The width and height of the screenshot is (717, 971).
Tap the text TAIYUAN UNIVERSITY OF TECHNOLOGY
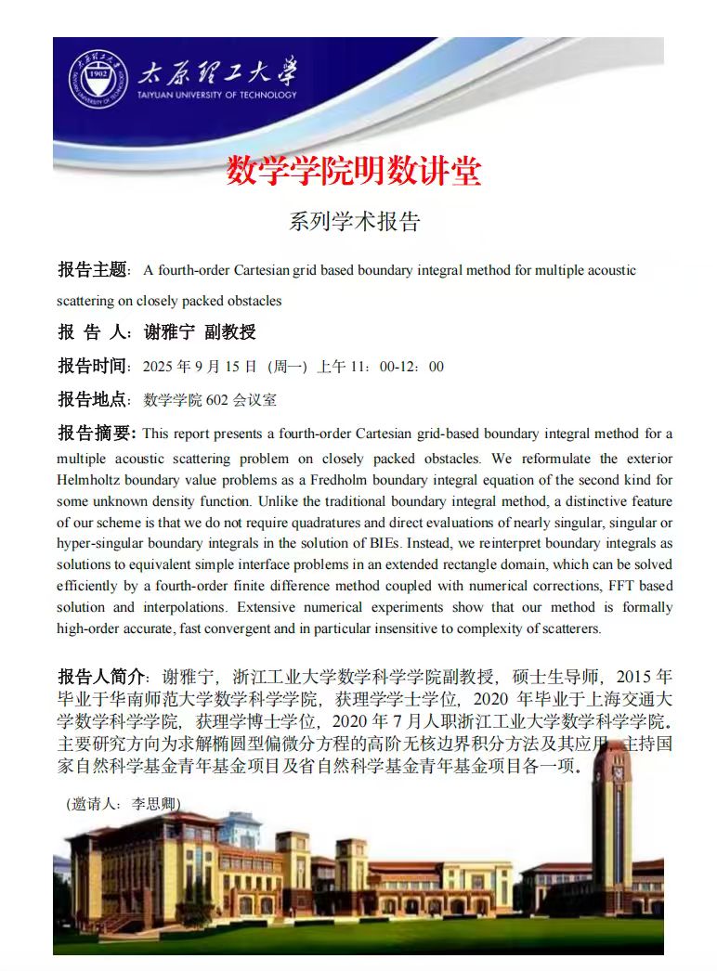coord(216,95)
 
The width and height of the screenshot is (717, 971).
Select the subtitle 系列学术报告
coord(355,222)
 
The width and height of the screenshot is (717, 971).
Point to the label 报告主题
coord(92,270)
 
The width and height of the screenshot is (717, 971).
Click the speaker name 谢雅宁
coord(170,332)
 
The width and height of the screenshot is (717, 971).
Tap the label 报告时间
coord(92,366)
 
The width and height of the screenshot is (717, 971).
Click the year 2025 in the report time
coord(158,367)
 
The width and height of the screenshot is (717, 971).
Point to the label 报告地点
coord(92,400)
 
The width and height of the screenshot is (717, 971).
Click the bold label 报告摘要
coord(96,434)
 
